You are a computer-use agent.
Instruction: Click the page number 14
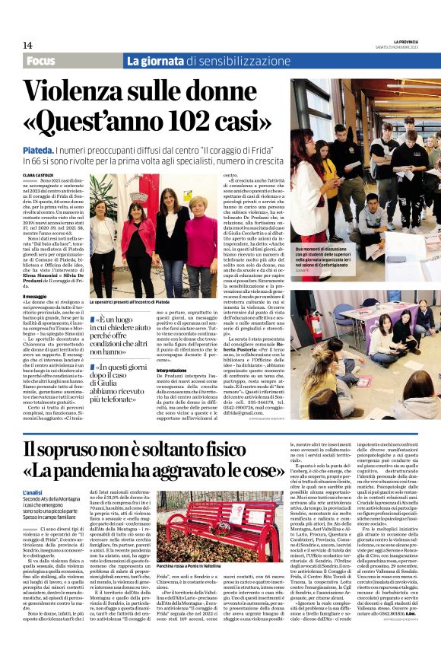(x=27, y=46)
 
